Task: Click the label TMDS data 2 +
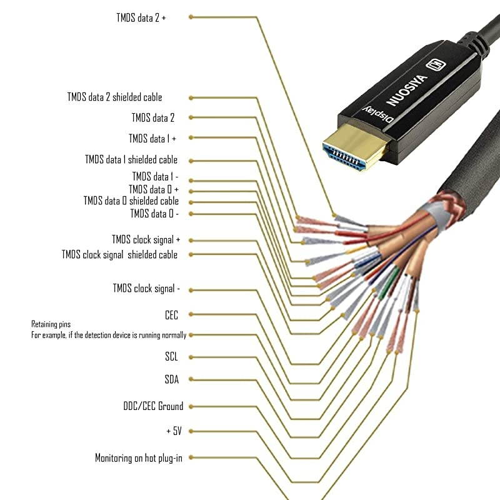click(x=141, y=17)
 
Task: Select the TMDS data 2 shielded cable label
click(x=114, y=97)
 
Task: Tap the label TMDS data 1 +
click(x=152, y=138)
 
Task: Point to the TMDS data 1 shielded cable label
click(x=131, y=160)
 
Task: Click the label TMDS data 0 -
click(x=154, y=214)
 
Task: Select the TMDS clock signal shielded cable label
click(x=119, y=255)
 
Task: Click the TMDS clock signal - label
click(x=146, y=289)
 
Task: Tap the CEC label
click(x=171, y=316)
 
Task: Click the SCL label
click(x=171, y=357)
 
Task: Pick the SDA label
click(x=171, y=379)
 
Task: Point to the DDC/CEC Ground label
click(x=153, y=407)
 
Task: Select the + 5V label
click(x=174, y=431)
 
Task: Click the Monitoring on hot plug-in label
click(x=139, y=458)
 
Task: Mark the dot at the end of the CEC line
click(x=191, y=316)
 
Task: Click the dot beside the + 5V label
click(x=191, y=431)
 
